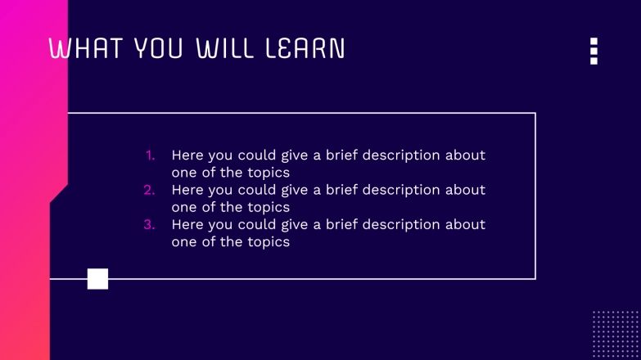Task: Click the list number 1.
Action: point(150,155)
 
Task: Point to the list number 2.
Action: point(149,190)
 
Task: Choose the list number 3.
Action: point(149,224)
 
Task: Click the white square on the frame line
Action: point(97,279)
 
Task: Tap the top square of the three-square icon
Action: point(594,41)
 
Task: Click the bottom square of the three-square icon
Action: point(594,61)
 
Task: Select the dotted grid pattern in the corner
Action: point(616,334)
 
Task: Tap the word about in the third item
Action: point(467,224)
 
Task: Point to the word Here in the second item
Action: point(187,190)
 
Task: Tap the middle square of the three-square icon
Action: point(594,51)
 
